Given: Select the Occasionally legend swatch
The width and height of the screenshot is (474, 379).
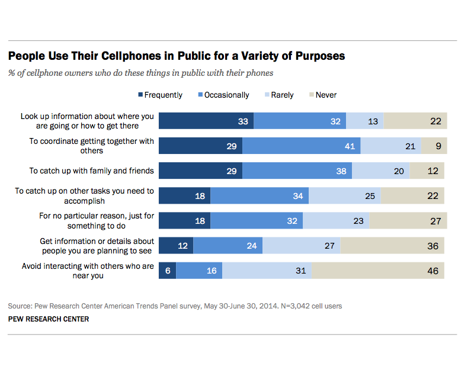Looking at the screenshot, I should coord(200,95).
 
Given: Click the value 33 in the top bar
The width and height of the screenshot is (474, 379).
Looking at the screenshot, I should coord(243,121).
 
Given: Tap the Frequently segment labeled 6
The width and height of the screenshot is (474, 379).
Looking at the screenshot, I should coord(167,271).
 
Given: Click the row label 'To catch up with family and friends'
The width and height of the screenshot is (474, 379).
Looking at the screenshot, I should coord(92,171).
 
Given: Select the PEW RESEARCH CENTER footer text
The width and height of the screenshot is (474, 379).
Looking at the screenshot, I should coord(49,319).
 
